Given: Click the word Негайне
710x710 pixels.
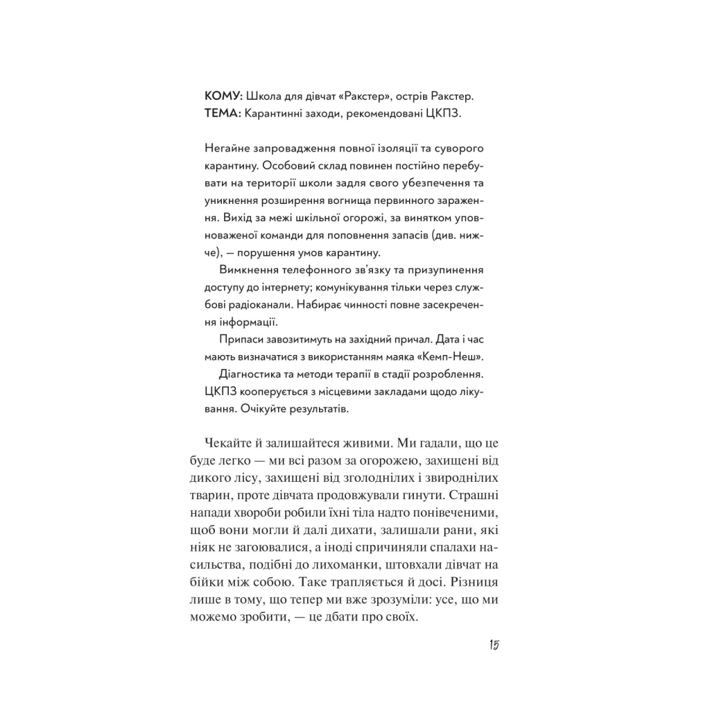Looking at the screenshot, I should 227,150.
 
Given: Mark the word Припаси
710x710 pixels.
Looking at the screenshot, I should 240,340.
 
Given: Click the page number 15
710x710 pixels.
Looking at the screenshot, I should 494,646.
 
